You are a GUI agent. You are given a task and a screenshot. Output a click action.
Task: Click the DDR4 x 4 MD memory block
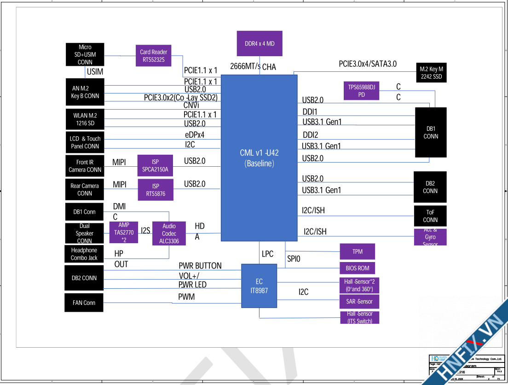[260, 44]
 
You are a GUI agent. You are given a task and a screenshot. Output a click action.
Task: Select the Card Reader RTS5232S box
[154, 56]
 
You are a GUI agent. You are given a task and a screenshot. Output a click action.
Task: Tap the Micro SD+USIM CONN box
[85, 54]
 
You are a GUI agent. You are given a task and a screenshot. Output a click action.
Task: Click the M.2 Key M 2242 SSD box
[431, 73]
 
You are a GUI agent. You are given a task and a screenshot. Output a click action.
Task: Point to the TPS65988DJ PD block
[362, 91]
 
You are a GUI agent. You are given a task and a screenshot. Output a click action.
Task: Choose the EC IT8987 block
[260, 286]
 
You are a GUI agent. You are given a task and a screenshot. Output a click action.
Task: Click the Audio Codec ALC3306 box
[169, 233]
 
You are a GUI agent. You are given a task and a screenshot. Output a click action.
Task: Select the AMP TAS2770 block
[124, 233]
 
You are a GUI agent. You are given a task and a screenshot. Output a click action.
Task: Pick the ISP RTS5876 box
[156, 190]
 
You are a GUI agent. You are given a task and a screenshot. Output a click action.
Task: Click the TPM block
[358, 251]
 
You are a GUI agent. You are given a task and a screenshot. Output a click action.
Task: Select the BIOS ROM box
[358, 268]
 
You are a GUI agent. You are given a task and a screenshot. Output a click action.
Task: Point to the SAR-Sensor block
[359, 302]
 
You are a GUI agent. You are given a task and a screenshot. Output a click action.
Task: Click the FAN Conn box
[84, 303]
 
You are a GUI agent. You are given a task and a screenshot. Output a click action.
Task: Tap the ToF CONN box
[430, 216]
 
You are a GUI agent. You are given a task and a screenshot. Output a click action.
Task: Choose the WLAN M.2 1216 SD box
[85, 119]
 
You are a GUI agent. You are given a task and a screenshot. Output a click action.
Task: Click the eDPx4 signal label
[194, 135]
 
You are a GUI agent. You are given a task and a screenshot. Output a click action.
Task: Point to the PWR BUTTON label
[200, 266]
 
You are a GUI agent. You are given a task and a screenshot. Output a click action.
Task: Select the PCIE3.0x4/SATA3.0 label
[368, 64]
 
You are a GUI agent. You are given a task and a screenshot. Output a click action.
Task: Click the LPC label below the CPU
[267, 254]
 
